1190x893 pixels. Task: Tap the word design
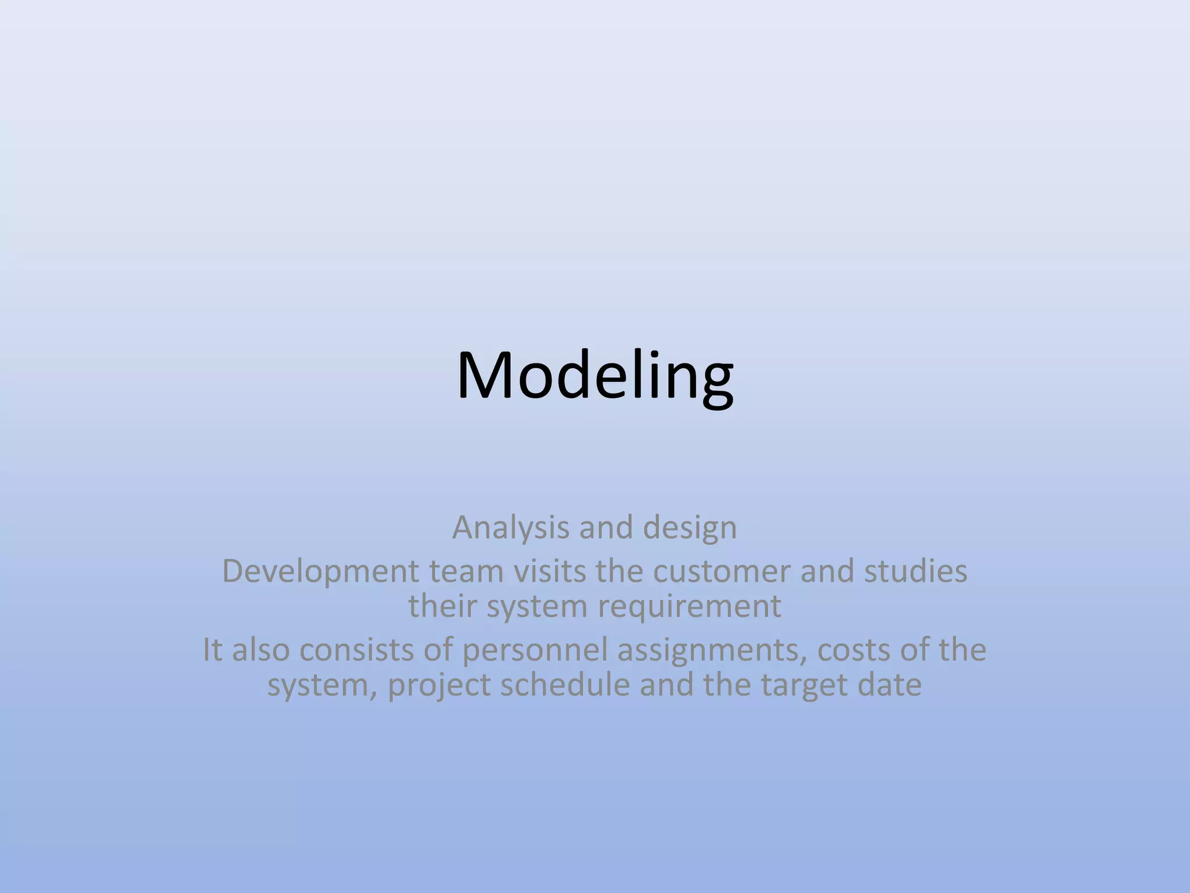click(690, 528)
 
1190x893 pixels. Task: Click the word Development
click(320, 571)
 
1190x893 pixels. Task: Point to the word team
click(466, 571)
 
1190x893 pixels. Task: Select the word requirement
click(689, 606)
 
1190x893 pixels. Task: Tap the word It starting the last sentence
click(213, 650)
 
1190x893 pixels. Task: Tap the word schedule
click(565, 685)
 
